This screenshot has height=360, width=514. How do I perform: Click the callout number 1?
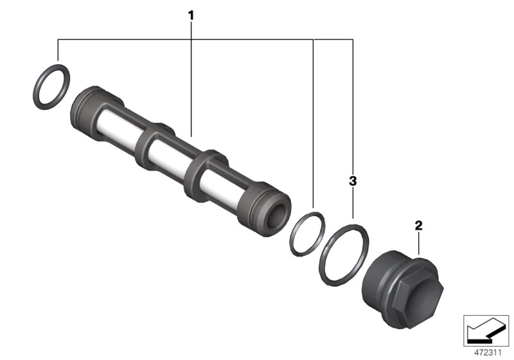click(190, 14)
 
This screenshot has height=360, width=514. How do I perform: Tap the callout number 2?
click(418, 225)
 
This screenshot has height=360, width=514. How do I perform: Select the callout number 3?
click(352, 181)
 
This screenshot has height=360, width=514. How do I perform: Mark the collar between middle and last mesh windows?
click(195, 172)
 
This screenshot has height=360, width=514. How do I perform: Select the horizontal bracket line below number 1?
click(193, 40)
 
